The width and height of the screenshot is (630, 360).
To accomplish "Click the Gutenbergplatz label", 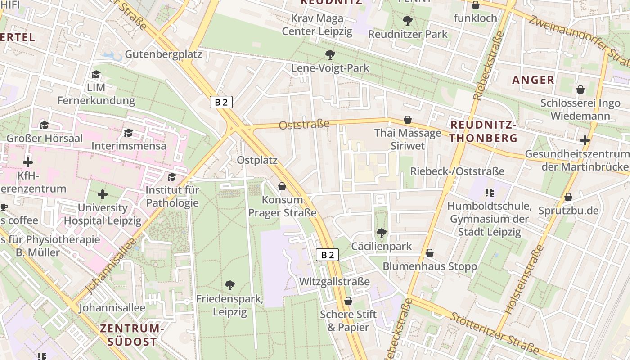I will tap(163, 54).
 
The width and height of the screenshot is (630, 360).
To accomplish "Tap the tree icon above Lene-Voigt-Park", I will tap(330, 55).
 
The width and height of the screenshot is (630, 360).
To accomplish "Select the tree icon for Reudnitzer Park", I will tap(408, 20).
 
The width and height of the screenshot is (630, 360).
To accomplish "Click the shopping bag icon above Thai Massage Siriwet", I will tap(408, 120).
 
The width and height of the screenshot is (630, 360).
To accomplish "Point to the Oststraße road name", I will tap(304, 124).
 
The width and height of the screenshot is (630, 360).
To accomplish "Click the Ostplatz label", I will tap(257, 160).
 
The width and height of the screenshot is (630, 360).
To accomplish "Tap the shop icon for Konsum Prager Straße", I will tap(282, 186).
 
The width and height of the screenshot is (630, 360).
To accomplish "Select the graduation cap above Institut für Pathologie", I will tap(172, 177).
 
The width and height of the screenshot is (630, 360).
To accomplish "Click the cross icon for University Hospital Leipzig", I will tap(103, 194).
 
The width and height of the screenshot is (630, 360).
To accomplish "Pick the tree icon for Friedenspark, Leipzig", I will tap(230, 285).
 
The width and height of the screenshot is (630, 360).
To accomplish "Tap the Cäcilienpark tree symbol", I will tap(381, 233).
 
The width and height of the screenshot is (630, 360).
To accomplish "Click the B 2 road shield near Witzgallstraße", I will tap(327, 255).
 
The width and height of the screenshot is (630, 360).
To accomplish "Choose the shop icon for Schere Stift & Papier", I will tap(348, 301).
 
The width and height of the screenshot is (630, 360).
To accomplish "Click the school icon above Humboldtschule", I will tap(490, 193).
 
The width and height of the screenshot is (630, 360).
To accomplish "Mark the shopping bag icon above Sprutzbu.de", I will tap(568, 197).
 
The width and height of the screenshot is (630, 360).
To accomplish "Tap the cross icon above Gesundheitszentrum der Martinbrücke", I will tap(585, 140).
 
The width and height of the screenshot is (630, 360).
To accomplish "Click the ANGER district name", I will tap(533, 80).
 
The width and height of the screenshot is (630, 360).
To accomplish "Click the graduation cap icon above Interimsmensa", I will tap(129, 133).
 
